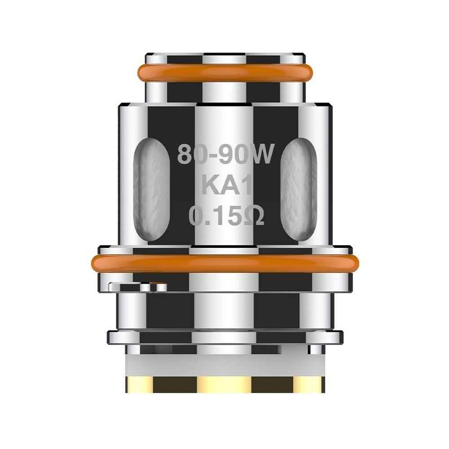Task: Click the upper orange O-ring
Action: (225, 73)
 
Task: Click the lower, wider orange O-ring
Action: (225, 264)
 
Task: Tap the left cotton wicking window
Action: (151, 189)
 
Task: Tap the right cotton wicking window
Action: (299, 189)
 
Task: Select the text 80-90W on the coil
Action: (226, 154)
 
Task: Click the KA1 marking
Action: (227, 185)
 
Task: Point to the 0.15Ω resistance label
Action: (226, 216)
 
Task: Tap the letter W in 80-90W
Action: (262, 154)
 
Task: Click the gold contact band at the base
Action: (225, 384)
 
